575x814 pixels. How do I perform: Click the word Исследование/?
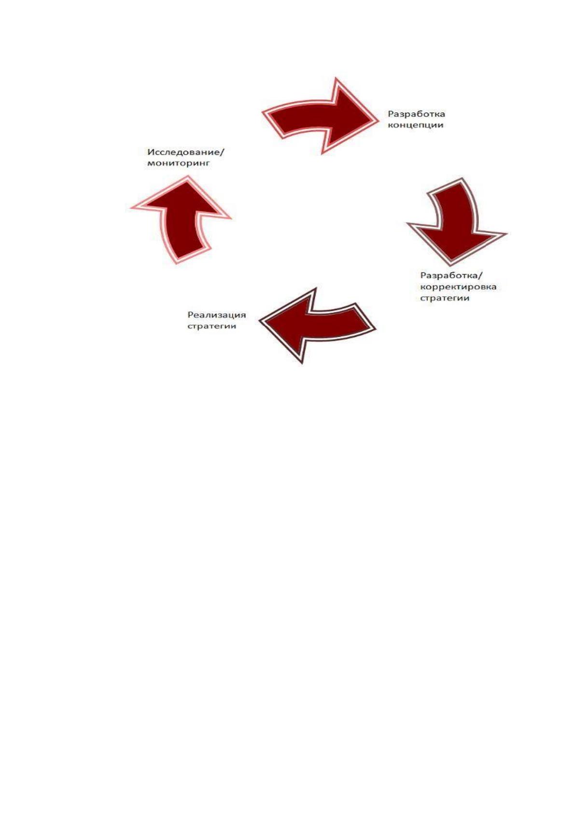click(186, 151)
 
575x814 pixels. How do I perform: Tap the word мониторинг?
click(179, 163)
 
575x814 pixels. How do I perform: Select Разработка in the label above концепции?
click(416, 114)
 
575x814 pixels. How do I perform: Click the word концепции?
click(416, 125)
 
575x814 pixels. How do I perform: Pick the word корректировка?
click(458, 287)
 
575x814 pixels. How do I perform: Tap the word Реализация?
click(216, 315)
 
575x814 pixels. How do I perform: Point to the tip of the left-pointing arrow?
click(259, 320)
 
